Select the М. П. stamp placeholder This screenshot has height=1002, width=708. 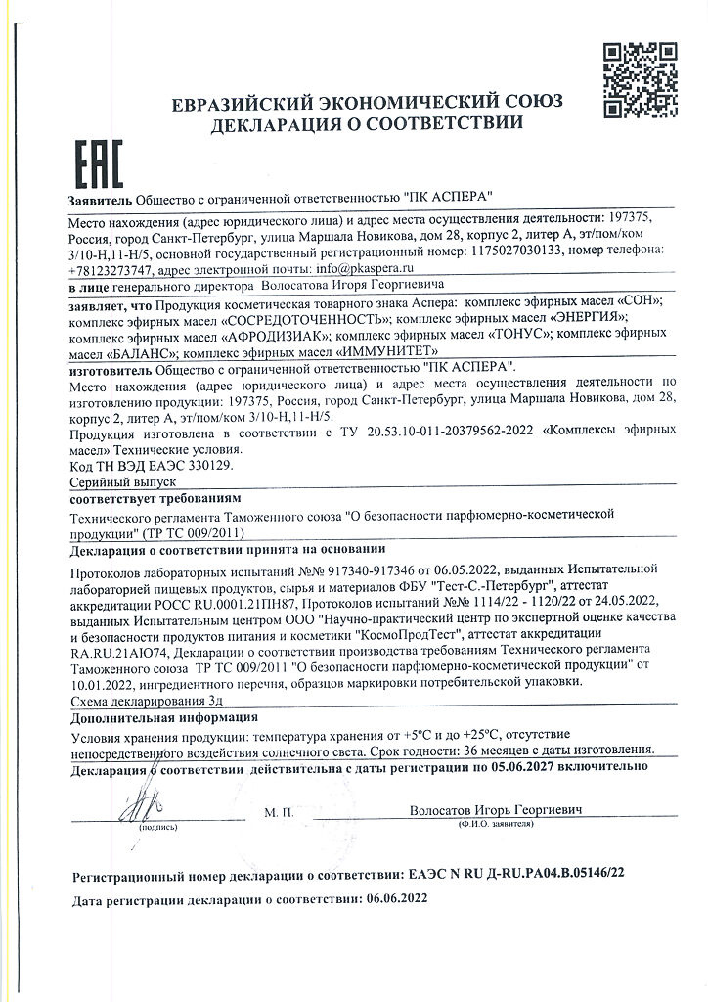point(279,812)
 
